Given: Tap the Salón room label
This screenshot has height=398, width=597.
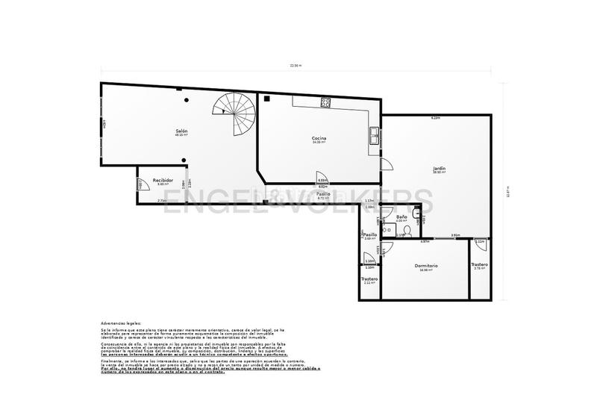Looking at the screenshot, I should [181, 131].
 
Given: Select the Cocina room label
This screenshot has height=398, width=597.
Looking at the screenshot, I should [319, 139].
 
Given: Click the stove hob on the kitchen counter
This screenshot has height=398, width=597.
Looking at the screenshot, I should [325, 102].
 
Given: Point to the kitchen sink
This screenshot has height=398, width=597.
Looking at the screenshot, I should [372, 135].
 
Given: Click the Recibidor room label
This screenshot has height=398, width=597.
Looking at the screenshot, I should [163, 181].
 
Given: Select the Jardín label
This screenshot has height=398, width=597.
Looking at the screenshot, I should [439, 169].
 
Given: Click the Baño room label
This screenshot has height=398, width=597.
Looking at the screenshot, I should [401, 217].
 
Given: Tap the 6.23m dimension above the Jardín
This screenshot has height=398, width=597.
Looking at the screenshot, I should [435, 118].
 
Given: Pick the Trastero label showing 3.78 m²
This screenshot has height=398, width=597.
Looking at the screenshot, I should [479, 265].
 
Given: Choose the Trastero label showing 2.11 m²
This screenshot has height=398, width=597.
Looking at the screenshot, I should [370, 279].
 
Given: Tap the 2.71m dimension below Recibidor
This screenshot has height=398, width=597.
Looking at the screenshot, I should [161, 201].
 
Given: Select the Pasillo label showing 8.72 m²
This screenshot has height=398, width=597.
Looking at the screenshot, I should [324, 194].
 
